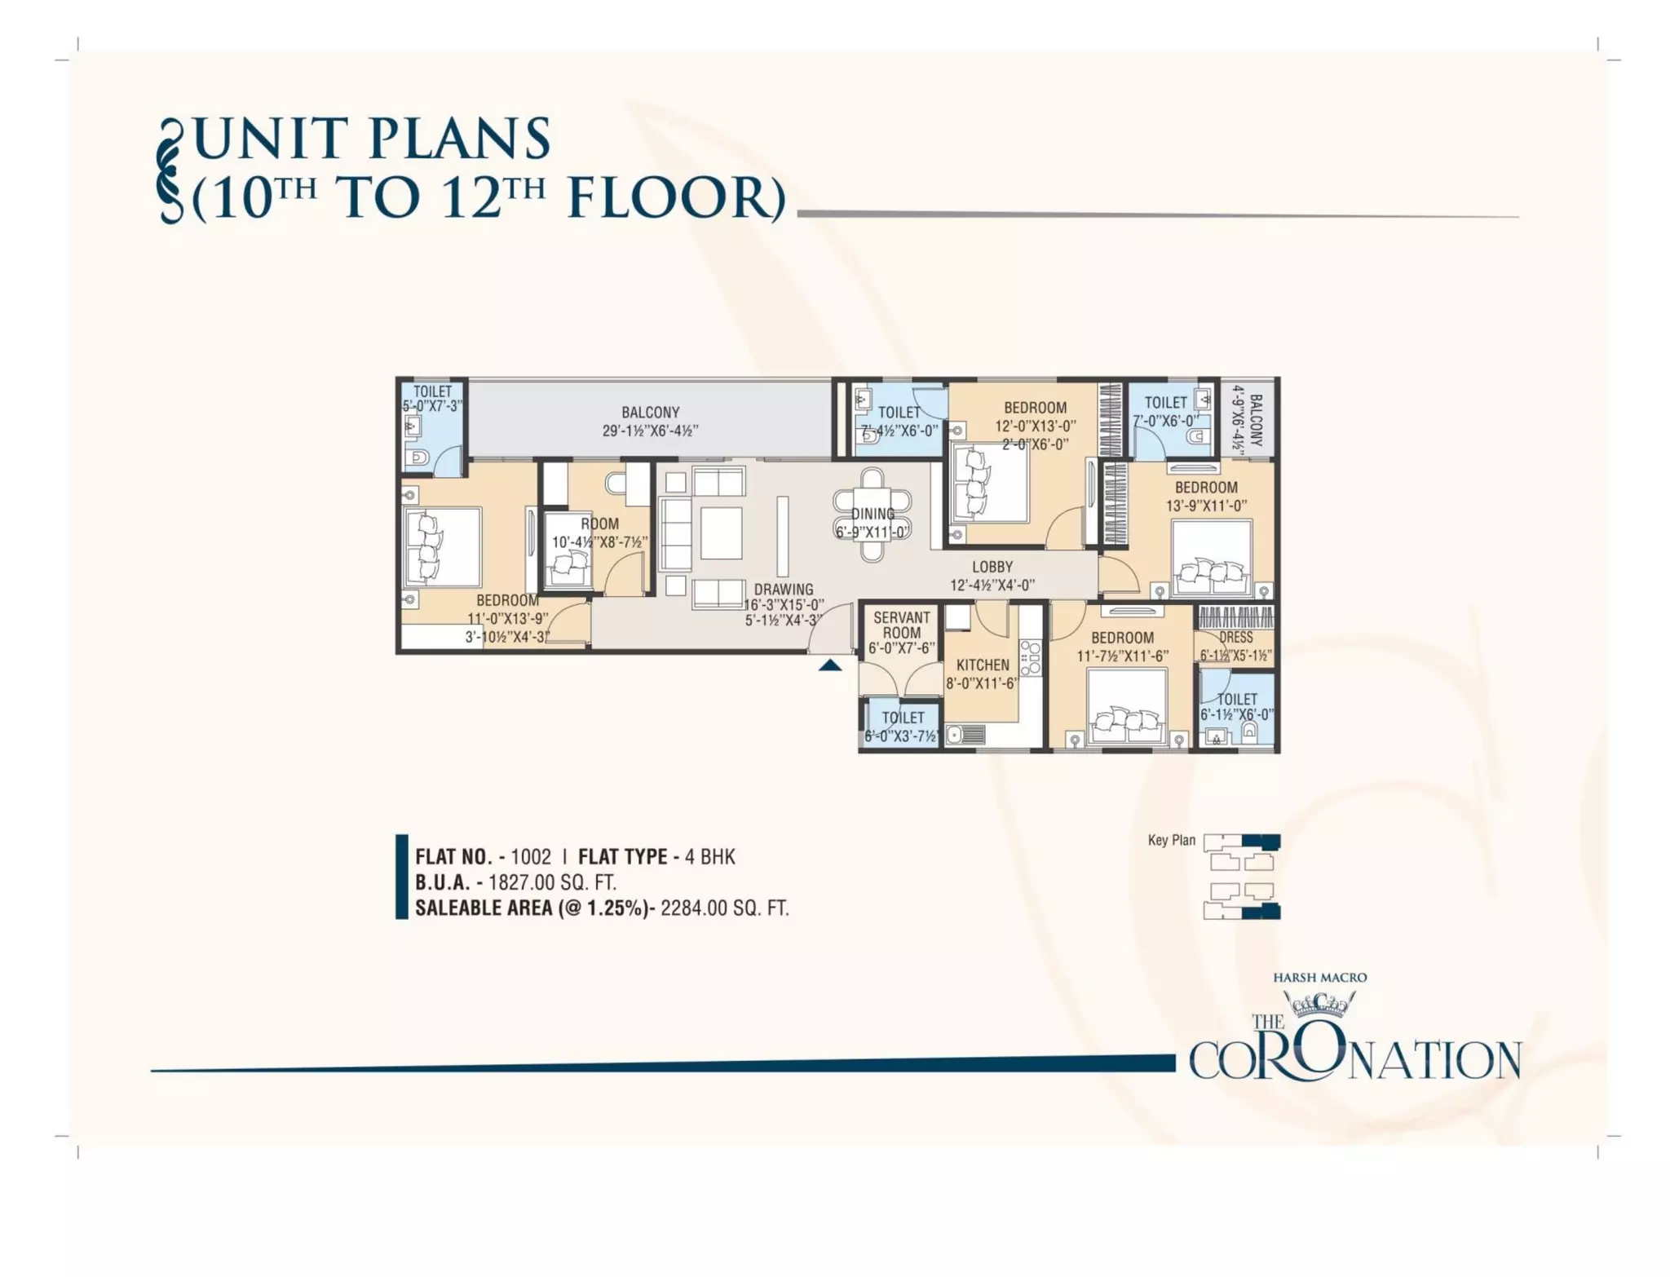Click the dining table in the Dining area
tap(872, 514)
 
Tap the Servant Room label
tap(901, 625)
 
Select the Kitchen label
tap(983, 665)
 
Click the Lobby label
tap(992, 567)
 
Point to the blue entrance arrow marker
tap(830, 665)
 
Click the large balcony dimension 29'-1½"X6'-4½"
tap(650, 431)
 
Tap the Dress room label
tap(1236, 638)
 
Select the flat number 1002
tap(531, 857)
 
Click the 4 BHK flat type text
tap(709, 857)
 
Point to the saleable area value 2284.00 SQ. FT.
tap(725, 908)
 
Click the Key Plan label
tap(1171, 840)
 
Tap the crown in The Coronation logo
tap(1319, 1005)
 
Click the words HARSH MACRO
tap(1319, 977)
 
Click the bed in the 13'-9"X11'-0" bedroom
tap(1211, 559)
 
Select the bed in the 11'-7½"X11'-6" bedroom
tap(1127, 706)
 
